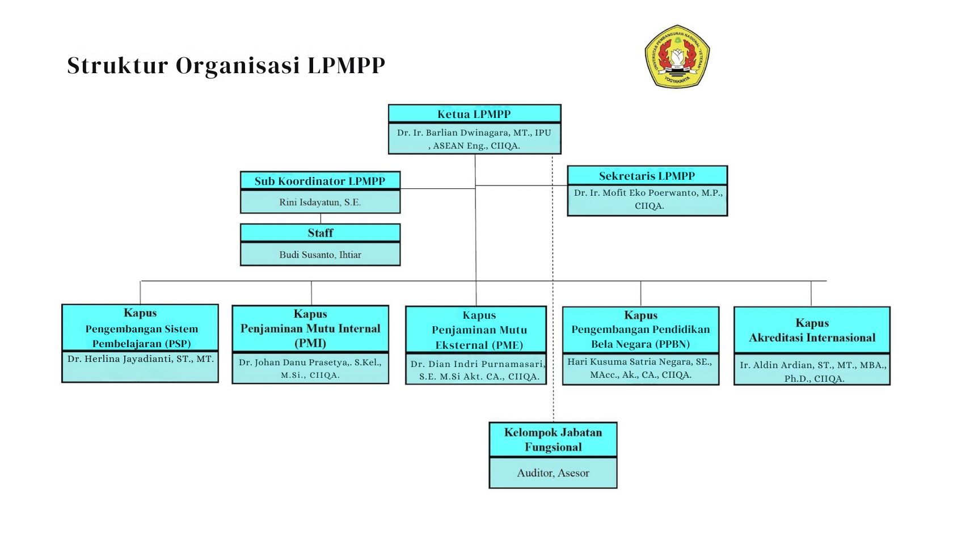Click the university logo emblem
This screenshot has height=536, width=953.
(677, 56)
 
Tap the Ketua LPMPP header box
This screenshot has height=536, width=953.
(474, 114)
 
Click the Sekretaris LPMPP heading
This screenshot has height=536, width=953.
(647, 176)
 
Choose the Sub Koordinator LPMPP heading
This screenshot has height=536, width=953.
(319, 182)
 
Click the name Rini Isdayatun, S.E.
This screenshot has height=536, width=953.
(320, 202)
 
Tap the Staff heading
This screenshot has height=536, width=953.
(320, 233)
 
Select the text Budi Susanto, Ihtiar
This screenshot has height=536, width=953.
(320, 255)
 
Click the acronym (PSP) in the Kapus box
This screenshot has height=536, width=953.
(178, 344)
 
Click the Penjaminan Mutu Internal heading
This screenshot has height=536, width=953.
(310, 329)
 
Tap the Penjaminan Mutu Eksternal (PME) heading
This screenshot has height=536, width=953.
(479, 337)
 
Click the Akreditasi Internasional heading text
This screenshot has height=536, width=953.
(812, 338)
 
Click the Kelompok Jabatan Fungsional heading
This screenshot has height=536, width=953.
(553, 440)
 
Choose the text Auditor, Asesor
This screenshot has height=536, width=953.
(553, 473)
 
